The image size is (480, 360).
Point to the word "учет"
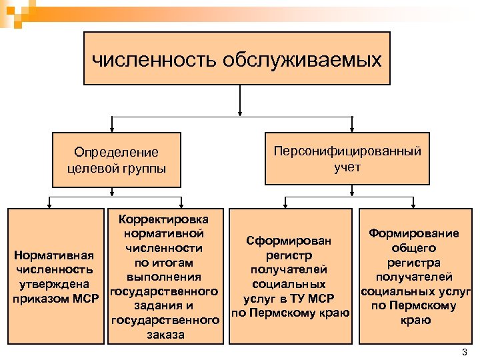pos(348,167)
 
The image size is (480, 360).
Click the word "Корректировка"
pos(163,219)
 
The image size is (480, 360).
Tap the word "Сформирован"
pos(289,240)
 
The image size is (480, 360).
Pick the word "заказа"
pos(163,335)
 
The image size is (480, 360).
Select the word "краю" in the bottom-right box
pos(416,321)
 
